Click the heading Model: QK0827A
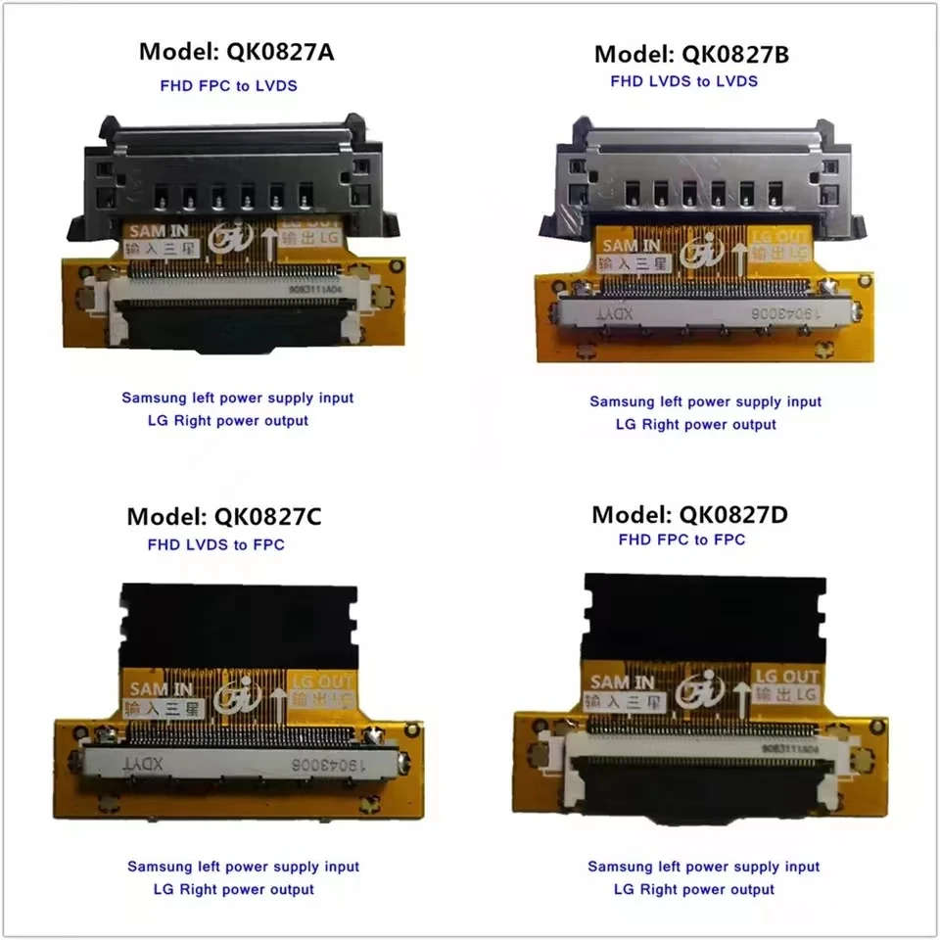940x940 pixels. tap(236, 53)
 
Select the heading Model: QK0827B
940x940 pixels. tap(691, 54)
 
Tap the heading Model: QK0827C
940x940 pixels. tap(224, 516)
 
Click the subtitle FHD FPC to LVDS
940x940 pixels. tap(228, 85)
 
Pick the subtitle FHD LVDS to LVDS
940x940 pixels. tap(683, 81)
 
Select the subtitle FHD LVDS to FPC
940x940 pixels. tap(215, 544)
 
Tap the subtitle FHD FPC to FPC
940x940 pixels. tap(681, 540)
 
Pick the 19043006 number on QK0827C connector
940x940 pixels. tap(323, 765)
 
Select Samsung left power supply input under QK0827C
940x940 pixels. tap(243, 867)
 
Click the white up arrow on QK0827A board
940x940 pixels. tap(270, 241)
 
